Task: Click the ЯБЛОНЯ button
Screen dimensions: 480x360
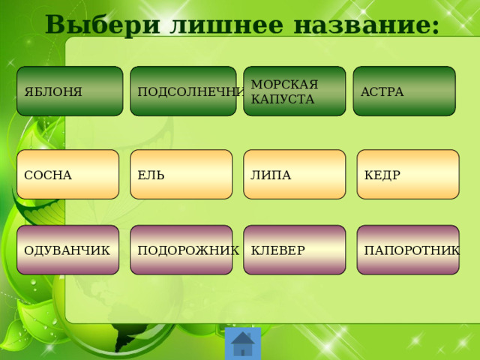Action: [x=70, y=91]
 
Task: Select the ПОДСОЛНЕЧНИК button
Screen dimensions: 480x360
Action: [x=183, y=91]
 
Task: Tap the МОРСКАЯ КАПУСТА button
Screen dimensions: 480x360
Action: [x=295, y=91]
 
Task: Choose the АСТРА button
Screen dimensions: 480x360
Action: [x=404, y=91]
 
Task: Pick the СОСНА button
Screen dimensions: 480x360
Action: [x=68, y=175]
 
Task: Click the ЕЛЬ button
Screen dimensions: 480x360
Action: [x=181, y=175]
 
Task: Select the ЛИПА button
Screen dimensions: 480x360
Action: [x=295, y=175]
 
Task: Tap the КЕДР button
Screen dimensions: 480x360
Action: [x=408, y=175]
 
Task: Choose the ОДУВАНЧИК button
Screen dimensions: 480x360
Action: [x=68, y=250]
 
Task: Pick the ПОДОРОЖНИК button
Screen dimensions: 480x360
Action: [x=181, y=250]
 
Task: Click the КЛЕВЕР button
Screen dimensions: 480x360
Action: [x=295, y=250]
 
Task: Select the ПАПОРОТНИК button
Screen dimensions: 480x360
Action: [x=408, y=250]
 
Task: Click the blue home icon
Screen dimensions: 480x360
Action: [x=243, y=343]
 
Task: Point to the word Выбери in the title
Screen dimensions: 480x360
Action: [x=103, y=25]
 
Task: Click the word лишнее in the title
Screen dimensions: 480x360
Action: [x=226, y=25]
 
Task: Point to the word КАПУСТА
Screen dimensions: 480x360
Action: [x=283, y=99]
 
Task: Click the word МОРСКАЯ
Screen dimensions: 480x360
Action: [x=284, y=84]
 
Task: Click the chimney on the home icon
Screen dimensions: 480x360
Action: [x=248, y=335]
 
